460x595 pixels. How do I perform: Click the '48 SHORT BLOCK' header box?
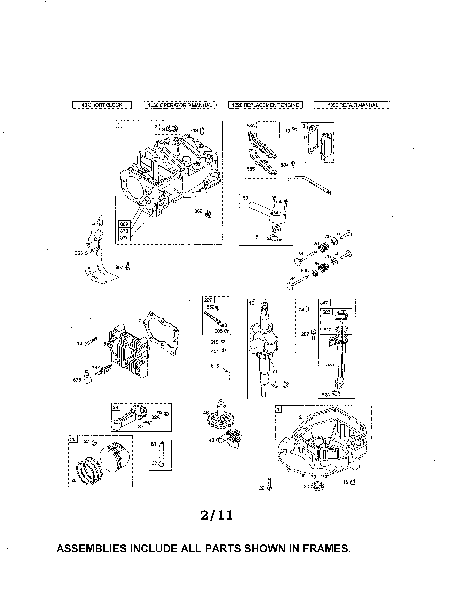(x=102, y=105)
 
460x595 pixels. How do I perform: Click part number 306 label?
(x=79, y=253)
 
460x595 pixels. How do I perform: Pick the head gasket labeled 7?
(x=162, y=334)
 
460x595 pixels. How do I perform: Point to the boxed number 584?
(x=250, y=126)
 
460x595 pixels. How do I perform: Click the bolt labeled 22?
(x=269, y=484)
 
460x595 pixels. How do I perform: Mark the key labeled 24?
(x=307, y=309)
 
